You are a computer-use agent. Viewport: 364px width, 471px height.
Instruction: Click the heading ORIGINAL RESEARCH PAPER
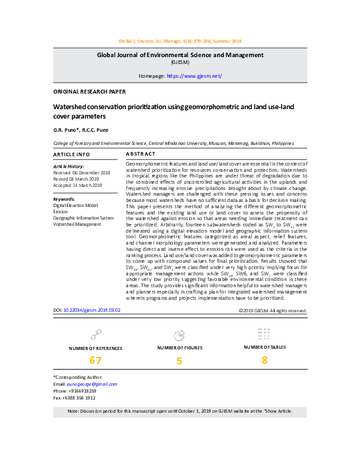(x=90, y=92)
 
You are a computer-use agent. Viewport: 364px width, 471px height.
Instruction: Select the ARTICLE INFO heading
(x=71, y=154)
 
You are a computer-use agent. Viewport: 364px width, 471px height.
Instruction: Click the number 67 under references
(x=95, y=360)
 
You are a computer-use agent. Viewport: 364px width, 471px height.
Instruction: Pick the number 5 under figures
(x=179, y=361)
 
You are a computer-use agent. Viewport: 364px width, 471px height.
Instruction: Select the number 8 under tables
(x=264, y=359)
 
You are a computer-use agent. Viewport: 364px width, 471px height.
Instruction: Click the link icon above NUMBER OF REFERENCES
(x=96, y=334)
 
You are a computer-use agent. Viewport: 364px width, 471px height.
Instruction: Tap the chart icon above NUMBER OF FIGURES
(x=179, y=334)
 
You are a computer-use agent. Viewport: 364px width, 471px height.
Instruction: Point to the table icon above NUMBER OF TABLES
(x=264, y=333)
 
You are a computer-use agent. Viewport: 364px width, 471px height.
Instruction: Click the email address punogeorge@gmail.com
(x=93, y=384)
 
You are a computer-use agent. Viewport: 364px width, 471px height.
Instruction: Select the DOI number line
(x=86, y=310)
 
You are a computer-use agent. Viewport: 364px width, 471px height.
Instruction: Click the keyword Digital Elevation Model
(x=75, y=205)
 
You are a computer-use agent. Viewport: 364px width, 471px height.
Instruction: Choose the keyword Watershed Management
(x=77, y=224)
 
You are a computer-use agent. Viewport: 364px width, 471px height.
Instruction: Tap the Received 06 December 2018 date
(x=81, y=172)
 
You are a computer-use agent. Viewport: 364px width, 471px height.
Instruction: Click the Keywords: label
(x=64, y=199)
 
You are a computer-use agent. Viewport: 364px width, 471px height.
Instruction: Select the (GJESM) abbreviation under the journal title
(x=182, y=63)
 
